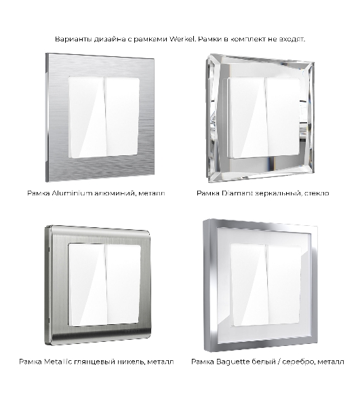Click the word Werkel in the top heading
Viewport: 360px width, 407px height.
tap(182, 39)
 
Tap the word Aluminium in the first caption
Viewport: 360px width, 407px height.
tap(72, 193)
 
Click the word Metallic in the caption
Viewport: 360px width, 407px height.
tap(58, 362)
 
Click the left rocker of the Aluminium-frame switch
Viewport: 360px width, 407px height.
tap(87, 117)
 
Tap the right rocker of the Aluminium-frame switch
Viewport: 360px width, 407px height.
tap(122, 117)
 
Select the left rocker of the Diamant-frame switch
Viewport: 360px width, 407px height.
tap(248, 118)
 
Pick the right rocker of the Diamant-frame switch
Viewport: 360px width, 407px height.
tap(283, 117)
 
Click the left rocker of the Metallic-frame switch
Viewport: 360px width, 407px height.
tap(87, 285)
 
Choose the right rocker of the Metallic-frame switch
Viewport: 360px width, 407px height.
tap(123, 284)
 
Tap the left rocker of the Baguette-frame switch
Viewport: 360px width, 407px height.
tap(249, 285)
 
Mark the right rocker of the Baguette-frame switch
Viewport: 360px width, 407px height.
tap(284, 284)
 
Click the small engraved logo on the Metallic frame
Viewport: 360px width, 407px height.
tap(132, 331)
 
